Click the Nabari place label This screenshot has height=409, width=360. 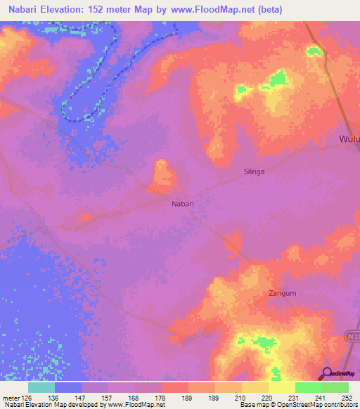pyautogui.click(x=183, y=204)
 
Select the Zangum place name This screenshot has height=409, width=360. pyautogui.click(x=281, y=293)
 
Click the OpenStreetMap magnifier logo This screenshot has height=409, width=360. pyautogui.click(x=326, y=375)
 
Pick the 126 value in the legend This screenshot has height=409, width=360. pyautogui.click(x=29, y=398)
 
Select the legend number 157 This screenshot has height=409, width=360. pyautogui.click(x=108, y=398)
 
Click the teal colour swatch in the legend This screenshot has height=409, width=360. pyautogui.click(x=41, y=387)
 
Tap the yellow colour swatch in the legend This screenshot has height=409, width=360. pyautogui.click(x=281, y=387)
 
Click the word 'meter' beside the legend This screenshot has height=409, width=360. pyautogui.click(x=10, y=398)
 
